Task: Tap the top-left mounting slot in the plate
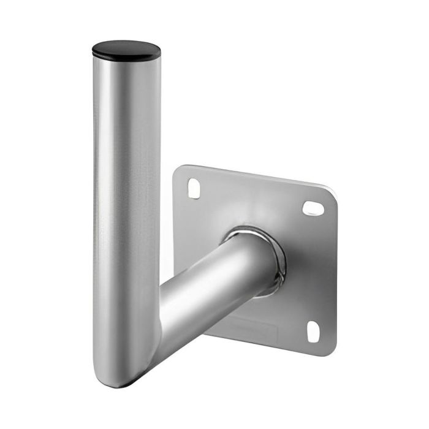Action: coord(194,188)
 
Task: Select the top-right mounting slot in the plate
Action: coord(313,208)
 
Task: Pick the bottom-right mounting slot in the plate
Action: coord(313,332)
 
